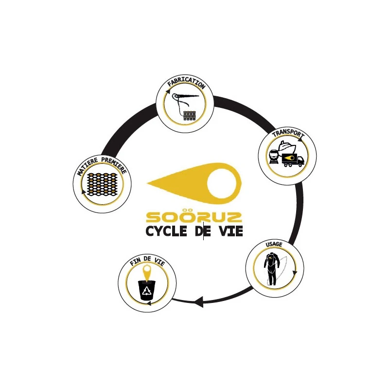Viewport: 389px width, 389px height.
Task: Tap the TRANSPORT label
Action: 288,134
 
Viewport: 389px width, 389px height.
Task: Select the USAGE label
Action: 274,244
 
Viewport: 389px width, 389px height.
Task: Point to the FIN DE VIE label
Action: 147,261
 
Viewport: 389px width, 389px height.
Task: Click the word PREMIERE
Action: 114,164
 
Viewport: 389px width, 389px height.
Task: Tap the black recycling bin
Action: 147,290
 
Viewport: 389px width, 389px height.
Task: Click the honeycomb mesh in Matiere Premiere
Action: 102,184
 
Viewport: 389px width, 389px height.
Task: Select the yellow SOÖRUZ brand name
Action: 194,216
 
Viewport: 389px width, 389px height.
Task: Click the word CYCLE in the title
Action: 166,231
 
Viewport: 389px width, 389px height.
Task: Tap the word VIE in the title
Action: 230,231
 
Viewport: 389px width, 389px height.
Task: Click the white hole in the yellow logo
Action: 222,184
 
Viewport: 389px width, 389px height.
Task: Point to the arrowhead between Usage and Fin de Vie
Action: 198,302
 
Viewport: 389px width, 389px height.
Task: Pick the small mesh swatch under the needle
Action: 190,116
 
